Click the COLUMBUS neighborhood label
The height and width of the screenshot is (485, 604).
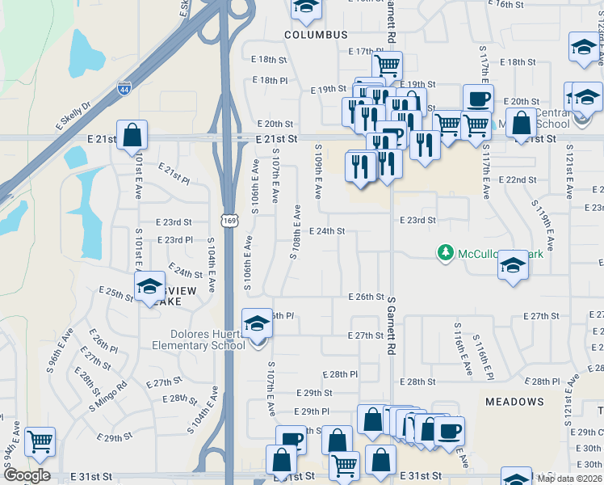316,35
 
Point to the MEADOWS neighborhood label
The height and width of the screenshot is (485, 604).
514,401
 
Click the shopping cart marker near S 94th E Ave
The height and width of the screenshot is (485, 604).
40,441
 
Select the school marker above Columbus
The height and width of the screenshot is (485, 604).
305,8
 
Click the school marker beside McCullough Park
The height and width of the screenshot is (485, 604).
513,266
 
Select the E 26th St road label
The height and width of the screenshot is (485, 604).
366,297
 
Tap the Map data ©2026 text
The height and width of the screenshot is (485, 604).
569,479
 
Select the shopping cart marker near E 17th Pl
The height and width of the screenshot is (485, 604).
388,65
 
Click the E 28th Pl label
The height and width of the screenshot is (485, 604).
339,374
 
